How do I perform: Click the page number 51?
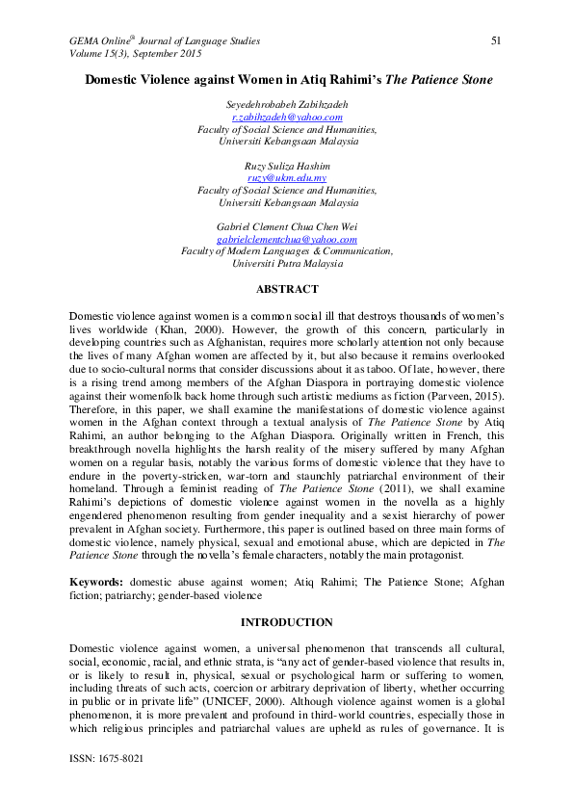(497, 40)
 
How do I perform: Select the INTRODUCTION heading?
(286, 622)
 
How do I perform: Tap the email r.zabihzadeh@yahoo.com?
(287, 116)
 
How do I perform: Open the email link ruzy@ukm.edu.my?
(287, 178)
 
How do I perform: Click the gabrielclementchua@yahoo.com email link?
(287, 240)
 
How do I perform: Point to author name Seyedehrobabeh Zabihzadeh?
(287, 103)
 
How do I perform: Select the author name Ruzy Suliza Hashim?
(287, 166)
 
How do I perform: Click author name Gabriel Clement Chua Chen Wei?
(287, 227)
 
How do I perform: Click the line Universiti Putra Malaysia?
(287, 264)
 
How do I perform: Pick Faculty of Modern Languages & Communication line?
(287, 251)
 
